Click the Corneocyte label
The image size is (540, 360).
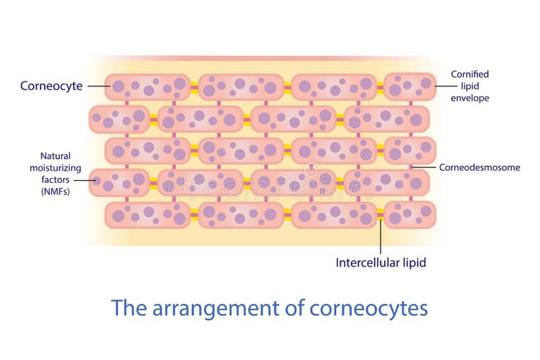tap(51, 86)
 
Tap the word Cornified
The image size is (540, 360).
tap(470, 74)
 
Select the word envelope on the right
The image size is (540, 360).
tap(470, 98)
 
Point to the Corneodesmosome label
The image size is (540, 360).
tap(480, 167)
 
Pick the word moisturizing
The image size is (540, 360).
tap(56, 168)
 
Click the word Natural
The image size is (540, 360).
tap(56, 156)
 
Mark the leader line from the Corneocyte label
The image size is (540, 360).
tap(97, 86)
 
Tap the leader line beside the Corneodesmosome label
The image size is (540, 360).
tap(423, 167)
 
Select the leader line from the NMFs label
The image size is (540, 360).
tap(86, 180)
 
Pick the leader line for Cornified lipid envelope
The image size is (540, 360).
tap(442, 86)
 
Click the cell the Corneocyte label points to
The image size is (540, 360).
tap(148, 87)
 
